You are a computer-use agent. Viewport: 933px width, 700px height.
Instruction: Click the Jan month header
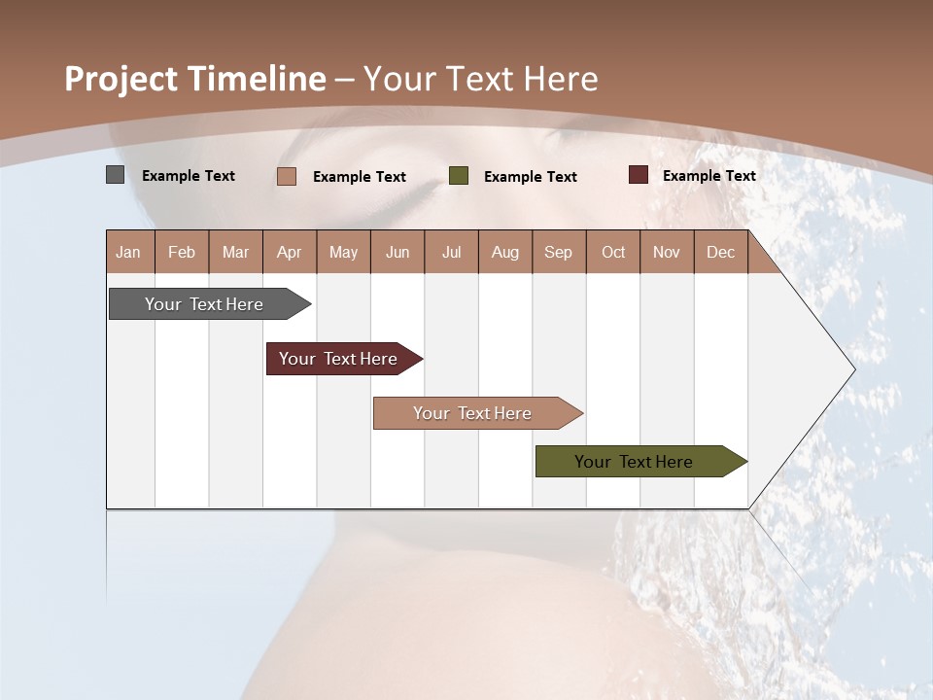129,252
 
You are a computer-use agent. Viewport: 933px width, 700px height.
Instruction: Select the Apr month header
290,252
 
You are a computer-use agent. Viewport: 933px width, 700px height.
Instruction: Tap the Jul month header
451,252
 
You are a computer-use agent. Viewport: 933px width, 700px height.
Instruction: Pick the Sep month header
559,252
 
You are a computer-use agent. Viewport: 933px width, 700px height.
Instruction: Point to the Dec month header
720,252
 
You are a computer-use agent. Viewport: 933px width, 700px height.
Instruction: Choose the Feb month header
182,252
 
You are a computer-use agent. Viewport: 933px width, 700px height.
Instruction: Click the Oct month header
613,252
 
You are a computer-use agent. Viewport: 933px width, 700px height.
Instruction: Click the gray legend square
116,175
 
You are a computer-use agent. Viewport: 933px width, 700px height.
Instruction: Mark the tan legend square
287,176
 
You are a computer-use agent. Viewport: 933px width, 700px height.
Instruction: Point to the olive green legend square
459,176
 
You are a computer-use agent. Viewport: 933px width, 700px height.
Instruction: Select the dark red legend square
639,175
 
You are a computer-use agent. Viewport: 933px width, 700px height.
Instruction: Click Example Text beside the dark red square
708,176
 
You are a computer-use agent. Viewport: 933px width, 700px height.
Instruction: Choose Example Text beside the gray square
188,176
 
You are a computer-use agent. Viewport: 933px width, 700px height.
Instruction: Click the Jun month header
397,252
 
